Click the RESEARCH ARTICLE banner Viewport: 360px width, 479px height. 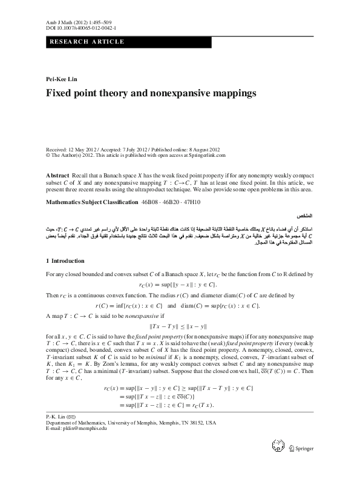(87, 42)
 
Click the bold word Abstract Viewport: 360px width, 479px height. (57, 173)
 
